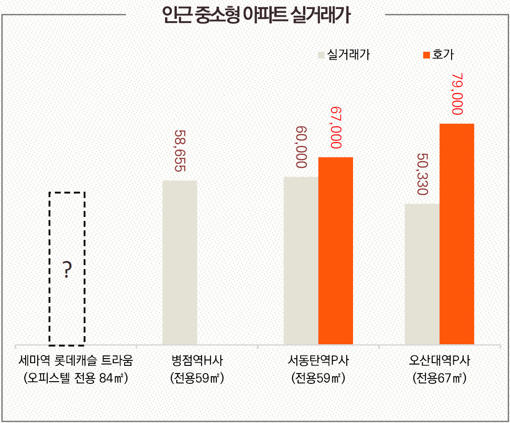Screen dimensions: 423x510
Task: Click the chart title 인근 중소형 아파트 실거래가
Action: (256, 15)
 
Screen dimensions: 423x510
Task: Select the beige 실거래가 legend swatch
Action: (321, 55)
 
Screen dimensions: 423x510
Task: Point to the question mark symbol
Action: (67, 270)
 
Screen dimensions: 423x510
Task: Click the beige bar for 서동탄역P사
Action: (301, 261)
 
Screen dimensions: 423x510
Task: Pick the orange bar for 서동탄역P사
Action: (336, 251)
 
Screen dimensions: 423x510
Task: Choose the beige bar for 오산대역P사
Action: (422, 274)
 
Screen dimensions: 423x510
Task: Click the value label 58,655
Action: (180, 151)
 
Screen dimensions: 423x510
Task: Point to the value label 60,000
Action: (301, 147)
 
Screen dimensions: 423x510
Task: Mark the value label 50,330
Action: (422, 174)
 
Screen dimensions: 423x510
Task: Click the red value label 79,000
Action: (457, 94)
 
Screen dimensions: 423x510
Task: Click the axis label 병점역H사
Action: (197, 361)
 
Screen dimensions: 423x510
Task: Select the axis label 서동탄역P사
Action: (318, 361)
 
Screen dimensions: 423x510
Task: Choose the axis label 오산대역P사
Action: (439, 361)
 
